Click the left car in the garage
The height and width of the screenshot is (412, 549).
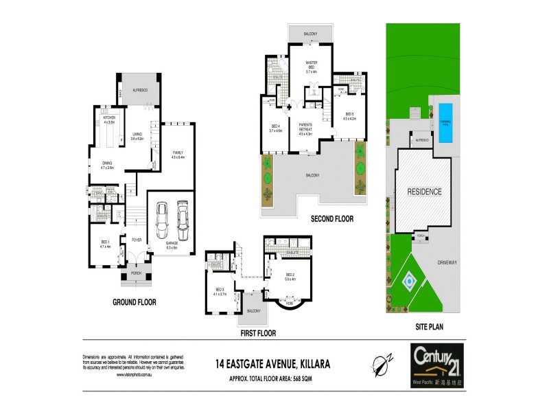(x=163, y=218)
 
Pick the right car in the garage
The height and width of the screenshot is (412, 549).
(x=183, y=217)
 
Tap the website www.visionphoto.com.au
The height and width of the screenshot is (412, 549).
(x=134, y=375)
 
